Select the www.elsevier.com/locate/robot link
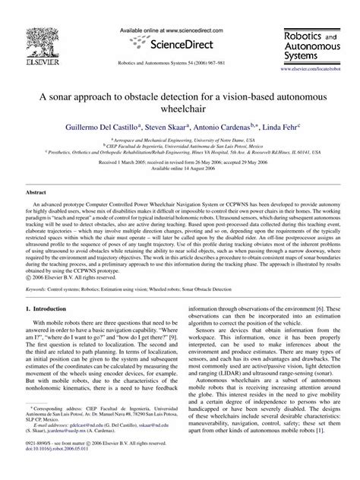coord(313,68)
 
